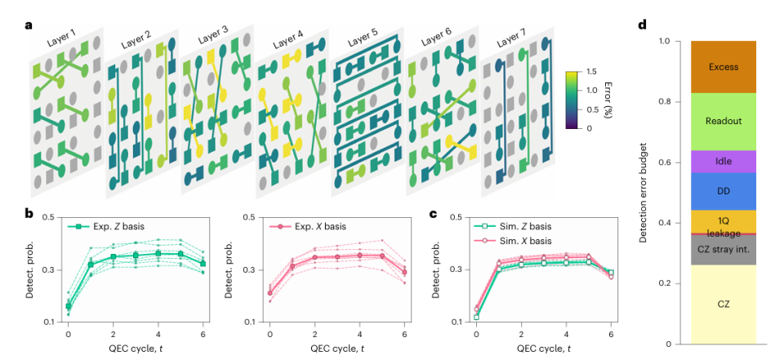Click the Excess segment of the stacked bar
(x=723, y=67)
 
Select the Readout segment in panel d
(x=723, y=122)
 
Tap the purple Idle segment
(x=723, y=162)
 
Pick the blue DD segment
(x=723, y=192)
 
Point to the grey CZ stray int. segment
(x=723, y=250)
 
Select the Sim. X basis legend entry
(x=514, y=241)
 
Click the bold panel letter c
(x=434, y=214)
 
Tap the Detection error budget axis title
(x=645, y=192)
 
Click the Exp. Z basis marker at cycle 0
(x=69, y=306)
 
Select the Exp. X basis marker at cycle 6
(x=404, y=273)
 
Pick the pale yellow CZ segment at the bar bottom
(x=723, y=304)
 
